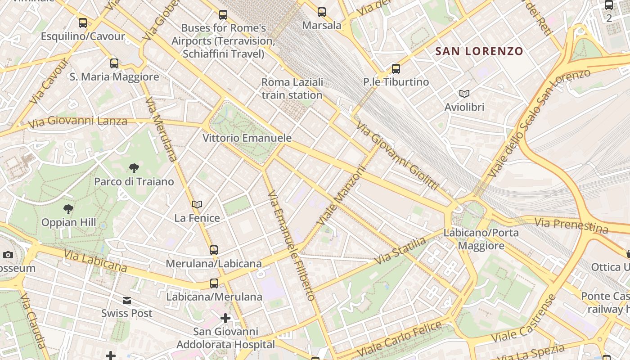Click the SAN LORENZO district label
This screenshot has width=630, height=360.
479,51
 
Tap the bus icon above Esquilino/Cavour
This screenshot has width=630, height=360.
83,22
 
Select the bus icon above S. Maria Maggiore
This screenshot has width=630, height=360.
114,63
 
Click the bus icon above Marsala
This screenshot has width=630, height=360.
321,12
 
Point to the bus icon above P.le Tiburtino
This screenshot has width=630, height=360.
396,69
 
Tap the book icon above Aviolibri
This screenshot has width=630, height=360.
464,94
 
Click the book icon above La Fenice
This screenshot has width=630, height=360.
197,204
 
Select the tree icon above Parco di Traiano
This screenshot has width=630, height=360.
134,168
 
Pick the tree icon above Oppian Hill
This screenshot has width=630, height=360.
68,209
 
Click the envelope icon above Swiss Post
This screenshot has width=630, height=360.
127,300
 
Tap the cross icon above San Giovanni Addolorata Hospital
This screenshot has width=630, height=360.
225,319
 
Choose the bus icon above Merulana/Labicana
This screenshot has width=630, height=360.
214,250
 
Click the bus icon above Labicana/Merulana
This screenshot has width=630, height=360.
214,283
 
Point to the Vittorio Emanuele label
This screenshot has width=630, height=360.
247,138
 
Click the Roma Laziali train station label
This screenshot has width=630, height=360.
292,89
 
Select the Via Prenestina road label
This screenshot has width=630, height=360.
571,225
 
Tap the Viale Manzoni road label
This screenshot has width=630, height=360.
341,196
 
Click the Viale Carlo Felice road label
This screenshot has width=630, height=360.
399,339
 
